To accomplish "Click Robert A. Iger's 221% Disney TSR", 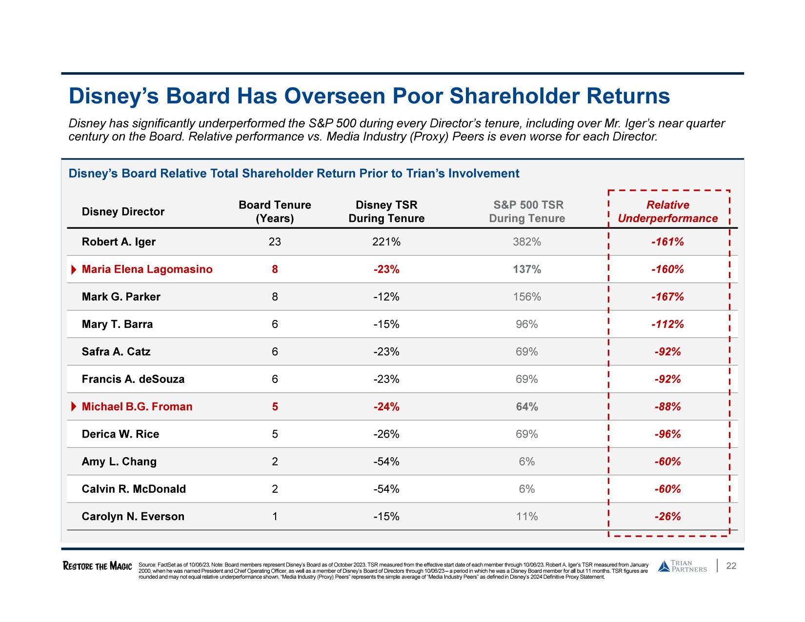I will coord(386,242).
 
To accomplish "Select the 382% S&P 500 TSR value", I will coord(526,242).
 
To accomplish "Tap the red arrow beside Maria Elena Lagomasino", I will coord(74,270).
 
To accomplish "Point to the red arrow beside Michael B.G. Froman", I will coord(74,407).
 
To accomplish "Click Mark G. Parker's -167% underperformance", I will coord(667,297).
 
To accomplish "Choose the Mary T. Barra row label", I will coord(117,324).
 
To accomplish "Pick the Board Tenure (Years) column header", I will coord(275,212).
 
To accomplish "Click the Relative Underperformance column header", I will coord(667,212).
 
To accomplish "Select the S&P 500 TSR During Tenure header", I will coord(527,212).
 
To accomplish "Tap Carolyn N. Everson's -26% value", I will coord(667,517).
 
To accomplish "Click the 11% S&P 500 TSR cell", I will coord(527,517).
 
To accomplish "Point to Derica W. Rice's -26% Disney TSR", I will coord(386,434).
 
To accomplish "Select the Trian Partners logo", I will coord(682,566).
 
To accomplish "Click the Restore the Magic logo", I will coord(97,566).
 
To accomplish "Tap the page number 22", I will coord(731,566).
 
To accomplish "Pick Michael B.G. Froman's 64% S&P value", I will coord(527,407).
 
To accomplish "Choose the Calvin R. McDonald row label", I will coord(134,489).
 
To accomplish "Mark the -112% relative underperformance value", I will coord(667,324).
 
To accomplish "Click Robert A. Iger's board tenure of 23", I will coord(275,242).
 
